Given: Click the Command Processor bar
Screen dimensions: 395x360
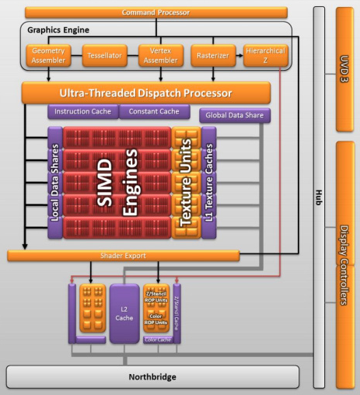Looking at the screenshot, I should click(156, 12).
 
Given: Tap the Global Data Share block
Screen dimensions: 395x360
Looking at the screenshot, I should click(235, 117).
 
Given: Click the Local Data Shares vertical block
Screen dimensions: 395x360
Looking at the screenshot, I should click(54, 184).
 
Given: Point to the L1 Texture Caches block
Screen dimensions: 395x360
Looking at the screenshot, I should click(208, 184).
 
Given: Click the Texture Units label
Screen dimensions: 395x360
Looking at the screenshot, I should click(186, 184).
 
